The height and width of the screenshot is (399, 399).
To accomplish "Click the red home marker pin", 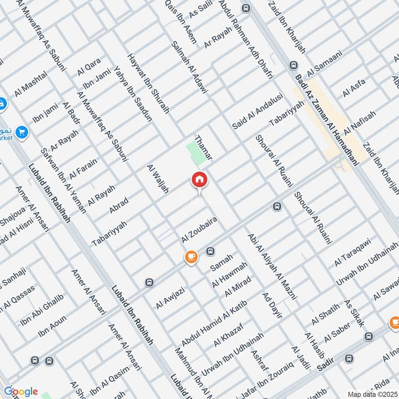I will (x=199, y=180).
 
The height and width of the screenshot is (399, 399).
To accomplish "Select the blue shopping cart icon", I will (x=21, y=133).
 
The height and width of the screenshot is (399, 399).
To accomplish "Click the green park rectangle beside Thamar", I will (x=195, y=153).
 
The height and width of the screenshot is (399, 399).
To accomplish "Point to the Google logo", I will (x=20, y=392).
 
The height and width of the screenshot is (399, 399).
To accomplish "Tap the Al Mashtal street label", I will (x=31, y=83).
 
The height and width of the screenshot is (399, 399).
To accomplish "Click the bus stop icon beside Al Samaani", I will (x=293, y=65).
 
